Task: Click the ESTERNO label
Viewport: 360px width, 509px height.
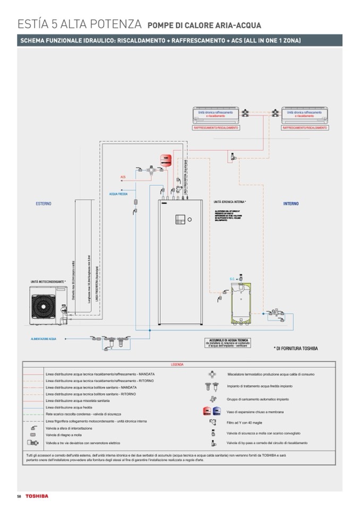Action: (x=44, y=204)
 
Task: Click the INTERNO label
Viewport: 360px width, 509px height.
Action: (x=291, y=204)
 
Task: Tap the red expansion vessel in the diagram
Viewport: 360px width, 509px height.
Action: (x=164, y=158)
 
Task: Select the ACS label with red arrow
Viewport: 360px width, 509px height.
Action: (x=123, y=177)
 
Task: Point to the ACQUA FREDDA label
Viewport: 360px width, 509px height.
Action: (x=118, y=194)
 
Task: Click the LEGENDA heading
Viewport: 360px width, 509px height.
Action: (x=177, y=365)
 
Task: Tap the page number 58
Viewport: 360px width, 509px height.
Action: (x=19, y=496)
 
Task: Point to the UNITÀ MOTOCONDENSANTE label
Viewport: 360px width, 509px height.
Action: (x=47, y=281)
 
